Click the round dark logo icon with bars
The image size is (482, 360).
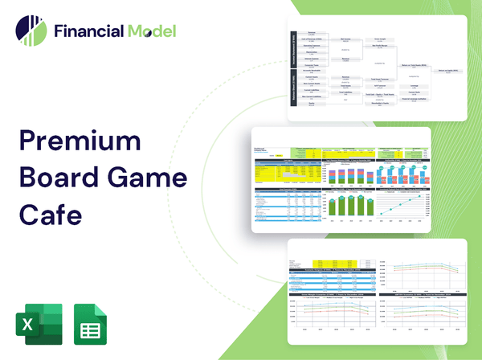tap(31, 31)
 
